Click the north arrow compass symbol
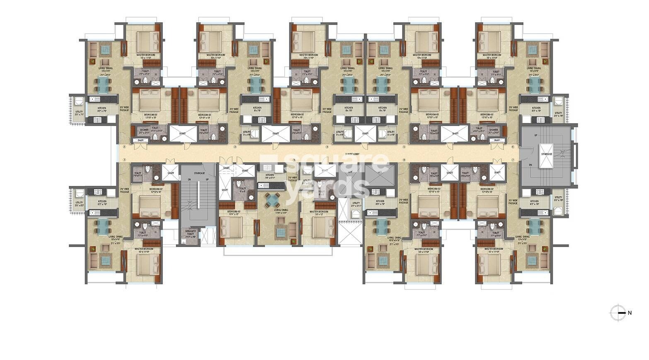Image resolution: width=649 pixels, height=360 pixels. (x=618, y=313)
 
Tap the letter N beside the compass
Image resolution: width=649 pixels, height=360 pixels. (x=630, y=313)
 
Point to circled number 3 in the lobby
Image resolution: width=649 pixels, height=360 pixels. (x=235, y=147)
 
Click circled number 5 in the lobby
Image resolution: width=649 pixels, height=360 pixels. (x=404, y=147)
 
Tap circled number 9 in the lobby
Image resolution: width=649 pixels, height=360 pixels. (x=294, y=160)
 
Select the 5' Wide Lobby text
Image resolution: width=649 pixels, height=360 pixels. (x=351, y=154)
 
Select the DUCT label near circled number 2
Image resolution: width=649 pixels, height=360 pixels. (x=140, y=140)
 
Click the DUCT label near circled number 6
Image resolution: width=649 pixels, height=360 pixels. (x=497, y=140)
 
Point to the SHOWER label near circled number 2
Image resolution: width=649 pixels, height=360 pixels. (x=144, y=131)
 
